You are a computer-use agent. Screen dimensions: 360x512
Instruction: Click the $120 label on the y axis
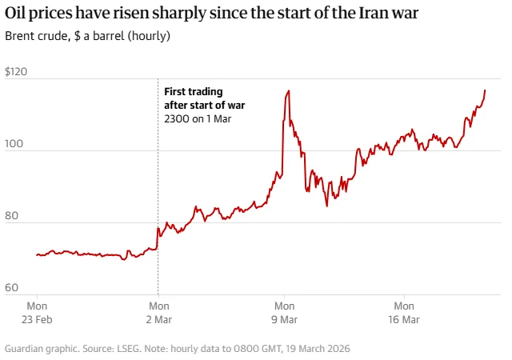[16, 72]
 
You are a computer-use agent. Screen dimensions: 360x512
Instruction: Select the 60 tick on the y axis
[13, 288]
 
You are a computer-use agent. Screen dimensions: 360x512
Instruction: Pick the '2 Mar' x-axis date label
[159, 319]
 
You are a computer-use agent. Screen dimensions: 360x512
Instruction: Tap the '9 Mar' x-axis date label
[284, 319]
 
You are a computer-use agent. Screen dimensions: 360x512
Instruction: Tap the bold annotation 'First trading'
[193, 92]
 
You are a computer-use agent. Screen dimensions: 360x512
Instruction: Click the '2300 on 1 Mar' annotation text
[197, 118]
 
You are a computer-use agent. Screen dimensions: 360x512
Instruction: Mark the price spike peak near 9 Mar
[288, 90]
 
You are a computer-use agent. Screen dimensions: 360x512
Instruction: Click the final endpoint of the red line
[485, 90]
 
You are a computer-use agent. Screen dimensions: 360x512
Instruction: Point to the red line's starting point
[36, 255]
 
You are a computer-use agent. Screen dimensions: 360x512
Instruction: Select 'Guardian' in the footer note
[25, 349]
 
